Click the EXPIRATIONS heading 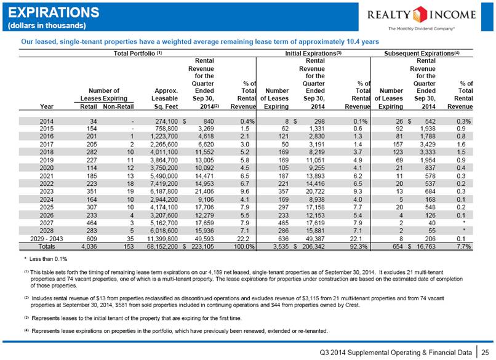[54, 13]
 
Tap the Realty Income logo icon [420, 14]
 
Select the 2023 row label [47, 192]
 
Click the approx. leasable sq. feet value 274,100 [166, 121]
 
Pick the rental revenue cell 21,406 [204, 192]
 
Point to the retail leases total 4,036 [89, 246]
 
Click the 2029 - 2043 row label [47, 239]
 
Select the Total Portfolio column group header [138, 54]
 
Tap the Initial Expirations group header [313, 54]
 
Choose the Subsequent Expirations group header [422, 54]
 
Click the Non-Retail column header [118, 106]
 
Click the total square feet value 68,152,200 [162, 246]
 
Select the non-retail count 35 [130, 239]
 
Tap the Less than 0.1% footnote [46, 259]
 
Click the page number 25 [485, 352]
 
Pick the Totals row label [47, 246]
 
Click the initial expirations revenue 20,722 [315, 192]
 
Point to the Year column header [47, 106]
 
